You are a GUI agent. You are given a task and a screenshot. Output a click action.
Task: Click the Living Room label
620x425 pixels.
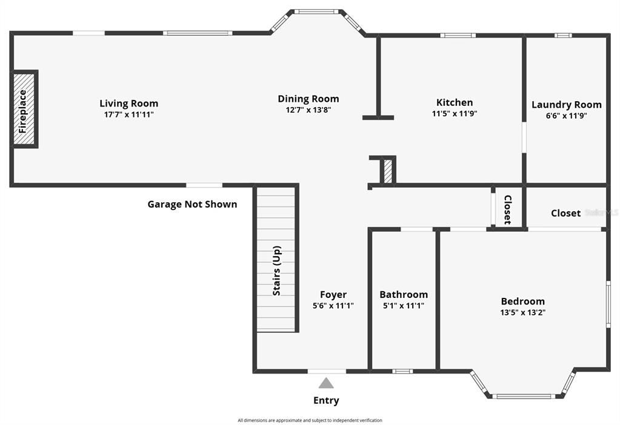click(129, 104)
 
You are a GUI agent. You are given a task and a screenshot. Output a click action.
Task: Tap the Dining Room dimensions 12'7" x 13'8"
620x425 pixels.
click(308, 110)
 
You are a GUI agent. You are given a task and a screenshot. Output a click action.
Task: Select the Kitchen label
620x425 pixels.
click(455, 102)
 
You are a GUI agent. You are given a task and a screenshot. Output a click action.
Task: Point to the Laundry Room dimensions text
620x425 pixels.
click(566, 116)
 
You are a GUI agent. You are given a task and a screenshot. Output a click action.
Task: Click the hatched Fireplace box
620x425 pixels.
click(23, 109)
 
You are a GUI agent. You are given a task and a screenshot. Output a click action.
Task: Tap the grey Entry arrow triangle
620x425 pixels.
click(326, 383)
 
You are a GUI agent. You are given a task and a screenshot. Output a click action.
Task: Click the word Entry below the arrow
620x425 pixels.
click(326, 401)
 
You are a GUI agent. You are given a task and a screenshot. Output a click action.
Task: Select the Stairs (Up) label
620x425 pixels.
click(277, 271)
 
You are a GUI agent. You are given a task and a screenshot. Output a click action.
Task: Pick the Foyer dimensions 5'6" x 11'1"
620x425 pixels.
click(333, 305)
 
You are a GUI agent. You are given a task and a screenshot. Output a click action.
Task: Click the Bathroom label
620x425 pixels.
click(404, 295)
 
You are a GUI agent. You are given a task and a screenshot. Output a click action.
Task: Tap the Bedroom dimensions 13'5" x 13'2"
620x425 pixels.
click(523, 312)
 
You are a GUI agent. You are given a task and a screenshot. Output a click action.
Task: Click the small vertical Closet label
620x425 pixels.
click(508, 209)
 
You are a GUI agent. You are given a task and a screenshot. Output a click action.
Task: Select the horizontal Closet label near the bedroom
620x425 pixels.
click(566, 213)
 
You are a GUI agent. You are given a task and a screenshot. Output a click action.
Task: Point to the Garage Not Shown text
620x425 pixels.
click(192, 204)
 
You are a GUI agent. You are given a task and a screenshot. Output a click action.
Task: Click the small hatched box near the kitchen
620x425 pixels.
click(388, 171)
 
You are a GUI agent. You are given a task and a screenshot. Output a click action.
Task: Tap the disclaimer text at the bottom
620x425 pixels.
click(310, 420)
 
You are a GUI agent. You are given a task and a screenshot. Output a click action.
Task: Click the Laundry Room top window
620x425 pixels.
click(562, 36)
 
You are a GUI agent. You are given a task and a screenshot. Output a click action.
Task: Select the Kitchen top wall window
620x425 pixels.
click(458, 36)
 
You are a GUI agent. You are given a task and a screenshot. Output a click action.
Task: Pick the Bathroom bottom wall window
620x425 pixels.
click(402, 371)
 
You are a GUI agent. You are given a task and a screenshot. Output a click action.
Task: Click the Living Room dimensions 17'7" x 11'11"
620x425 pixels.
click(129, 114)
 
